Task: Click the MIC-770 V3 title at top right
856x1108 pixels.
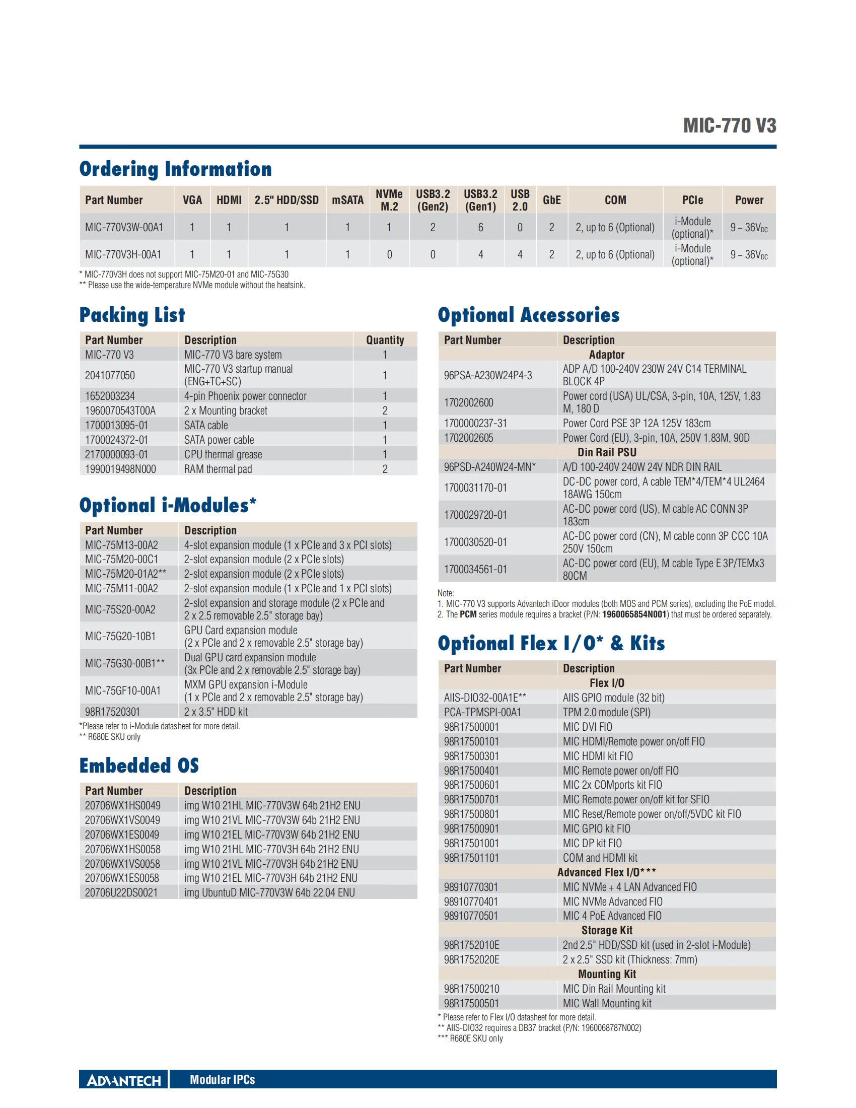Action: coord(729,125)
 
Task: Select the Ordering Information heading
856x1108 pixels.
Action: coord(175,169)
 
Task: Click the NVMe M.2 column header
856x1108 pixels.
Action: coord(389,200)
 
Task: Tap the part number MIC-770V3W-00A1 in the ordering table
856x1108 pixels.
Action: coord(124,227)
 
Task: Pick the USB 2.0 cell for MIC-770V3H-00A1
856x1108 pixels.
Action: coord(520,254)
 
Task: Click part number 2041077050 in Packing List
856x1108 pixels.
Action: coord(110,375)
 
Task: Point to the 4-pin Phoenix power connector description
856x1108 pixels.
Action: coord(245,396)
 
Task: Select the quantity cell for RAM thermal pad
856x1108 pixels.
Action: coord(385,469)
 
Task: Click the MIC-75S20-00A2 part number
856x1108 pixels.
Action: coord(120,609)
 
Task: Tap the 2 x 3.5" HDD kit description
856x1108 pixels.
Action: coord(216,712)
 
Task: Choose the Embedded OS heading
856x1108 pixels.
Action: coord(139,766)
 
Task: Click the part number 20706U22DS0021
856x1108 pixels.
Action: coord(121,892)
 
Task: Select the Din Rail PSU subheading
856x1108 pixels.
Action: coord(607,452)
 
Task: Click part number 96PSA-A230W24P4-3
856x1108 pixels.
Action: coord(488,375)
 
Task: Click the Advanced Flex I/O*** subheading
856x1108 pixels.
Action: coord(607,873)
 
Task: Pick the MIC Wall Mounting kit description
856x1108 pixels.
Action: coord(607,1003)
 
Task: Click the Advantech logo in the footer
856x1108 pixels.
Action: coord(124,1080)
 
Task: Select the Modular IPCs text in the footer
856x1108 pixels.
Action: coord(222,1080)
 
